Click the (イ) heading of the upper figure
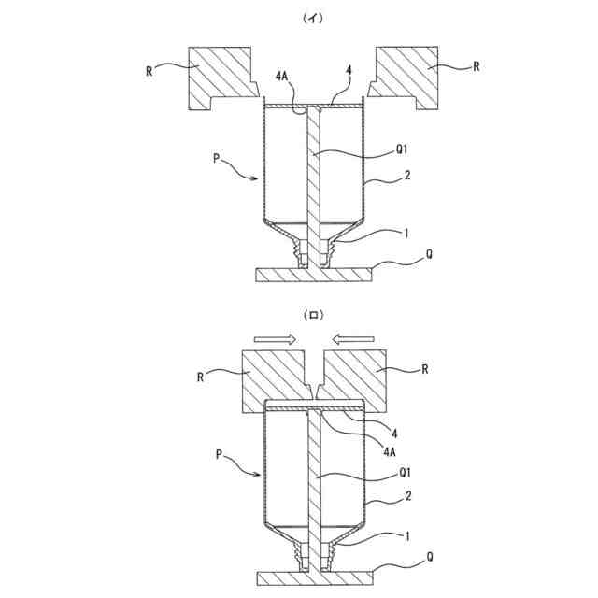pos(308,17)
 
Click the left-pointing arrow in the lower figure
pos(354,338)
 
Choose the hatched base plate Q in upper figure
pos(313,274)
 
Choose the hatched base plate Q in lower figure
pos(313,576)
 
